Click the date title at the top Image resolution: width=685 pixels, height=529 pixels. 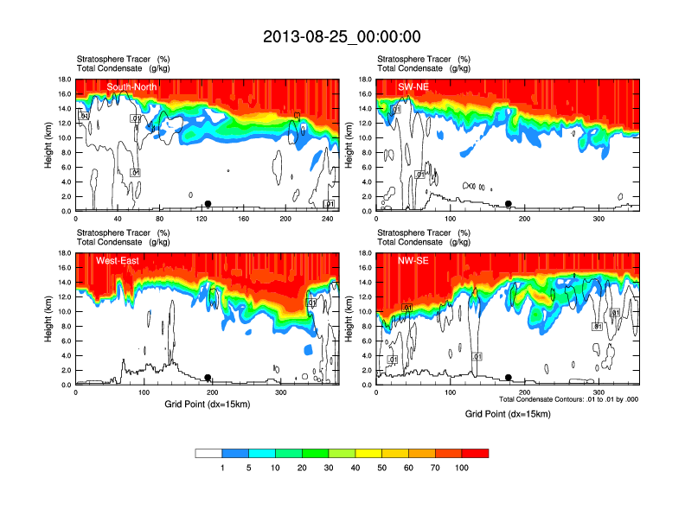pyautogui.click(x=342, y=36)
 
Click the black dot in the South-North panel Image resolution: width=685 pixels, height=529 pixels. pyautogui.click(x=208, y=204)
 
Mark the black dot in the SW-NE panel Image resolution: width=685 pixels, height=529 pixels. pyautogui.click(x=509, y=204)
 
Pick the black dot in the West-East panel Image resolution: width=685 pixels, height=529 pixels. pyautogui.click(x=208, y=378)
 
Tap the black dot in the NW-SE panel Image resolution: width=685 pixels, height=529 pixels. pyautogui.click(x=509, y=378)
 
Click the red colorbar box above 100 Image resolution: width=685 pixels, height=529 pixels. pyautogui.click(x=475, y=453)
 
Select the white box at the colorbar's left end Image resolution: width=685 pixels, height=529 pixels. pyautogui.click(x=208, y=453)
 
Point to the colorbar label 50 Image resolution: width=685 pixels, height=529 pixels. pyautogui.click(x=381, y=467)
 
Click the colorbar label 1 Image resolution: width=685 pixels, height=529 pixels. pyautogui.click(x=222, y=467)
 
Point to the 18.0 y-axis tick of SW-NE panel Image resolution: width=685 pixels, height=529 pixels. pyautogui.click(x=365, y=80)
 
